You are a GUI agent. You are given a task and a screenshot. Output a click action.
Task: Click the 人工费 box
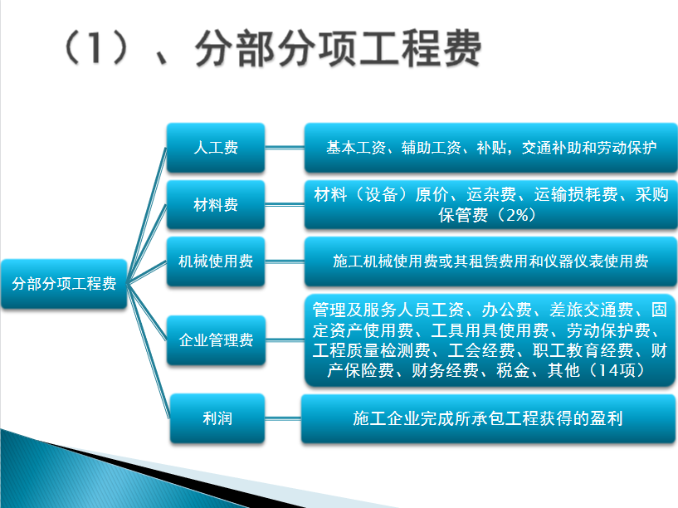(216, 148)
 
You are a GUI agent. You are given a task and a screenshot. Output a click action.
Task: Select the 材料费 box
(216, 204)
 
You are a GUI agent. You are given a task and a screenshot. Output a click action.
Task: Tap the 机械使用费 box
(216, 261)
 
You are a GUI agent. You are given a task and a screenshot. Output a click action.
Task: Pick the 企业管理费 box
(216, 339)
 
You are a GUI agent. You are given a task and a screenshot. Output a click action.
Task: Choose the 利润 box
(217, 418)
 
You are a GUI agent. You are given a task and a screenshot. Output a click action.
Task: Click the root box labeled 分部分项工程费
(64, 284)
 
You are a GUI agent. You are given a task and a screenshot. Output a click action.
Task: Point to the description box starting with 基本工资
(490, 148)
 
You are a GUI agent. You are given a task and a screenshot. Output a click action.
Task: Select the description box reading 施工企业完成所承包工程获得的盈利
(488, 418)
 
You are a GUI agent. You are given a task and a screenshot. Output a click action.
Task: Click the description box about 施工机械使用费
(490, 261)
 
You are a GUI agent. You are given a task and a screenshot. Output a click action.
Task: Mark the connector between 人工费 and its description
(285, 148)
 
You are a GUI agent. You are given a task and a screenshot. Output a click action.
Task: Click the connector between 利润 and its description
(283, 418)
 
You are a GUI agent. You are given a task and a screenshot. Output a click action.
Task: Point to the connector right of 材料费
(285, 204)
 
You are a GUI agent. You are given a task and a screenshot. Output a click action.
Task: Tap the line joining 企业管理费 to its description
(285, 339)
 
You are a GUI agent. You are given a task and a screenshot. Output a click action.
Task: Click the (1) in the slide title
(96, 48)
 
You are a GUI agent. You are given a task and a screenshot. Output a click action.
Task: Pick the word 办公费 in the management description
(507, 310)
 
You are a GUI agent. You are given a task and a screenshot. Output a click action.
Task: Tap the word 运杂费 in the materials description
(491, 194)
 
